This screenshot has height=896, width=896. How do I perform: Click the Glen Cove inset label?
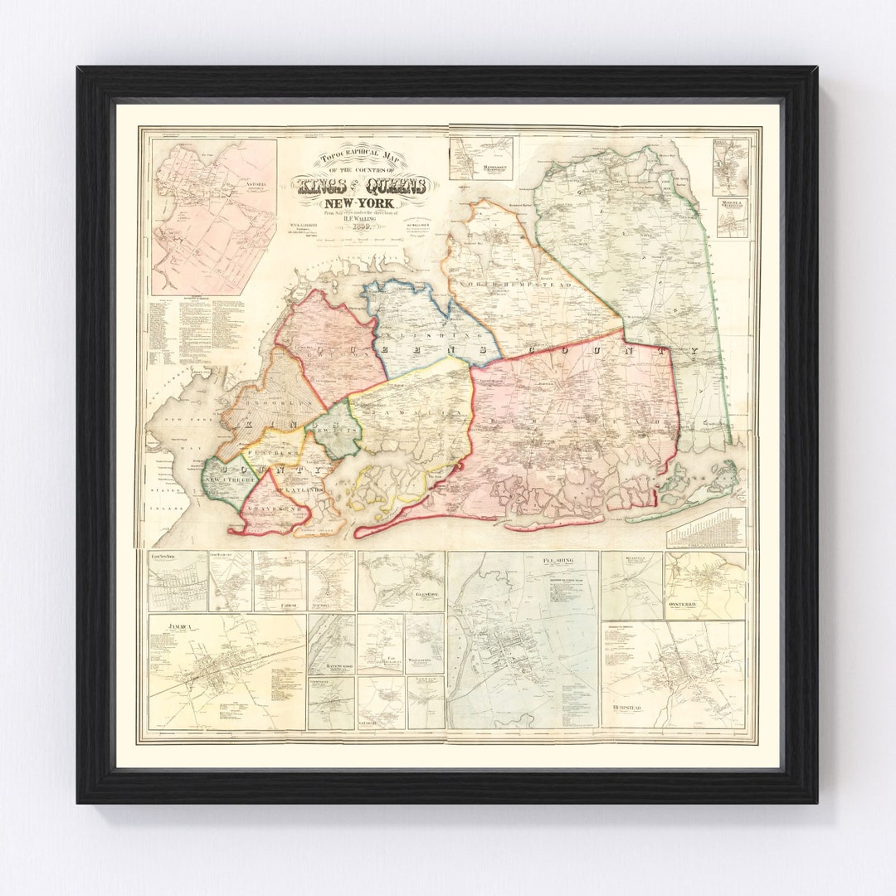(x=420, y=595)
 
